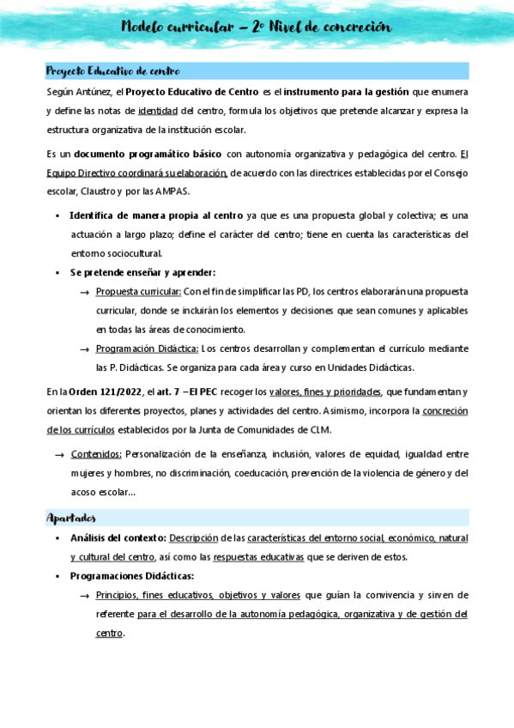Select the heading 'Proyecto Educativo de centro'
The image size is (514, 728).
pos(112,70)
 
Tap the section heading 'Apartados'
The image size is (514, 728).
pos(70,518)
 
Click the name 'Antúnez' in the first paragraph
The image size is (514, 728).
pos(96,92)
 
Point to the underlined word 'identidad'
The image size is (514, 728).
pos(158,111)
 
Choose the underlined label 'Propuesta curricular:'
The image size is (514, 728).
pos(137,291)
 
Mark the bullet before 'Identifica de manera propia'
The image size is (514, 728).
pos(57,215)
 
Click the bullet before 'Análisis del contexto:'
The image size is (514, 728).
pos(57,538)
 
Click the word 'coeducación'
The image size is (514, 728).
pos(258,473)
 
